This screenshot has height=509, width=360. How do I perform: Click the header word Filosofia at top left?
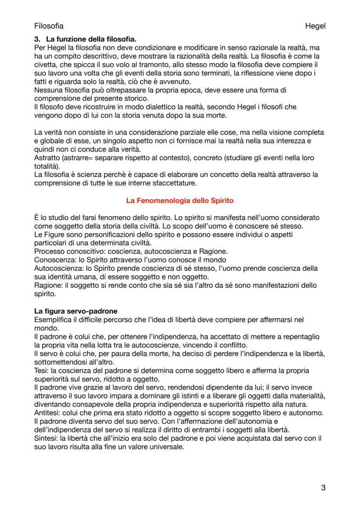[x=49, y=26]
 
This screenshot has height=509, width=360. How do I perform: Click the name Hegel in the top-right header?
[x=315, y=26]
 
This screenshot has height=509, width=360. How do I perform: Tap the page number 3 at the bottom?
[x=323, y=487]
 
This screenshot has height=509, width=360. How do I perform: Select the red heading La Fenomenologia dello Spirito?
[x=180, y=201]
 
